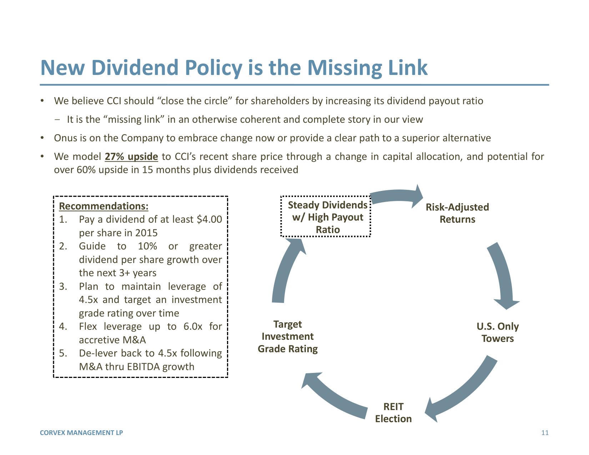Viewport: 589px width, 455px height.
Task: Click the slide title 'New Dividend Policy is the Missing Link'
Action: pos(234,68)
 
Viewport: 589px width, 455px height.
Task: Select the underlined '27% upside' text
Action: pos(131,157)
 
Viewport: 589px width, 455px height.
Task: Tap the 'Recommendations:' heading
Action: pos(104,206)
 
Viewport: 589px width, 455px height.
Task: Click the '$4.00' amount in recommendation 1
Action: pos(209,219)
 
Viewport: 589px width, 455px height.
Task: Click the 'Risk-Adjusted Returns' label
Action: pos(457,213)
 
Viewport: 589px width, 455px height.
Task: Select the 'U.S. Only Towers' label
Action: pos(498,332)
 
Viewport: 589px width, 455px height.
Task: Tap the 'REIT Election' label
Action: pos(393,413)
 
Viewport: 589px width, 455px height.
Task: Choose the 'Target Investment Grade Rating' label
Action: pos(288,336)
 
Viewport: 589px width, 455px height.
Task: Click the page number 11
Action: pos(545,433)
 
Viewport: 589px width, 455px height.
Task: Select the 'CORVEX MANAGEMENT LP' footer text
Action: pos(81,433)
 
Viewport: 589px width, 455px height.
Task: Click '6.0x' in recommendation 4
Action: pos(193,326)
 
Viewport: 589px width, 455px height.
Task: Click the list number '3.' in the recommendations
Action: pos(63,287)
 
